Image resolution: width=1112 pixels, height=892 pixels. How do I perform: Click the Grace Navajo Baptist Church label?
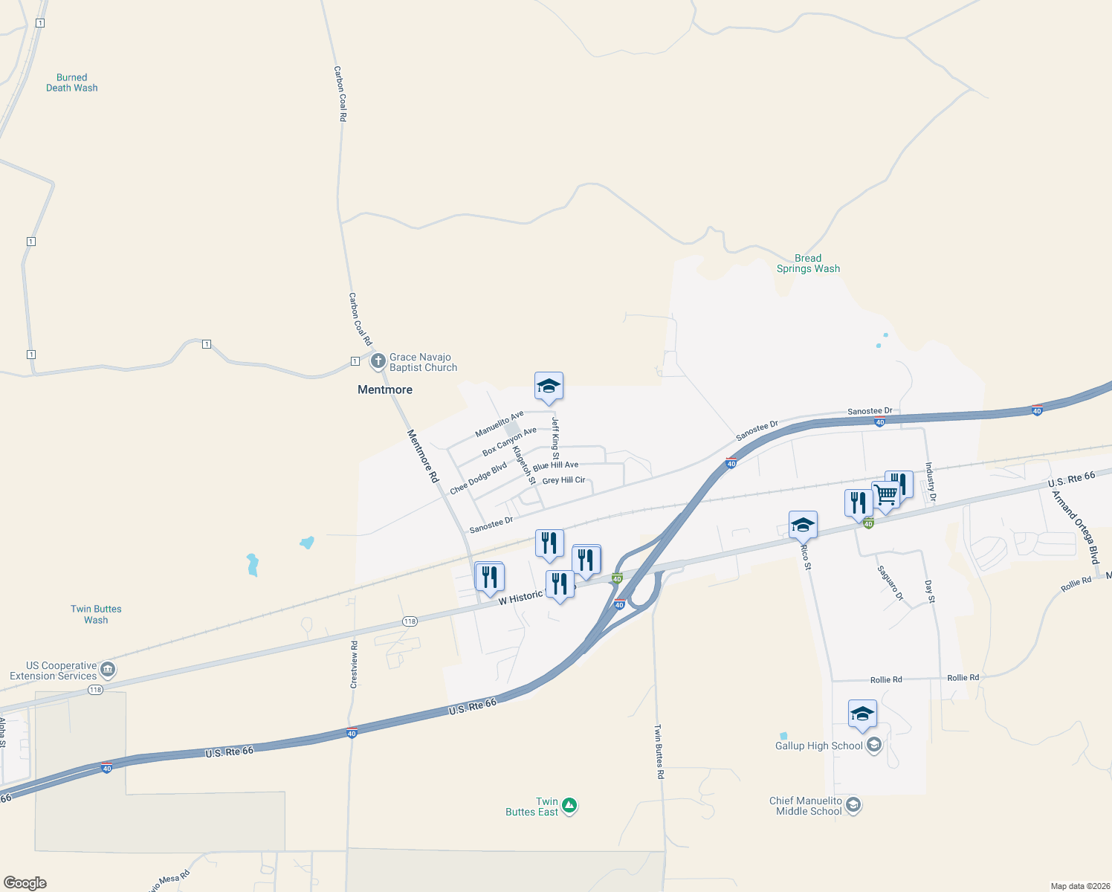pos(423,363)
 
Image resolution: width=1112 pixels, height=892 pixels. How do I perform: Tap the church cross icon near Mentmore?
pos(378,362)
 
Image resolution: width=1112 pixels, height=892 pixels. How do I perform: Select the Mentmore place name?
pos(384,390)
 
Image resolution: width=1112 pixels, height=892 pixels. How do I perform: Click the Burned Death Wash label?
pos(71,83)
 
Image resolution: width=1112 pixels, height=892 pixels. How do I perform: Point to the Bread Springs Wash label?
pos(808,264)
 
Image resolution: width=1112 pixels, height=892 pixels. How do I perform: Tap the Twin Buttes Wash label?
pos(96,615)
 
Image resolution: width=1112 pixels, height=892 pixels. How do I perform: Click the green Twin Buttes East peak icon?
pos(569,806)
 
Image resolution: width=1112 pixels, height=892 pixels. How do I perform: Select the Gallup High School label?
pos(818,746)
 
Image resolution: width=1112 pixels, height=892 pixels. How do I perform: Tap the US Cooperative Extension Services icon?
pos(108,670)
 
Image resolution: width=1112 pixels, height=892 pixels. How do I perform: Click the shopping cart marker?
pos(885,494)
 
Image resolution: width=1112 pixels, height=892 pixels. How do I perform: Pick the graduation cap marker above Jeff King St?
pos(549,387)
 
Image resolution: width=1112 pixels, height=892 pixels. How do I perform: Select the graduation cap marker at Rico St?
pos(803,526)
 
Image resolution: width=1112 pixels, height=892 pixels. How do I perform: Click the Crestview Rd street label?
pos(354,664)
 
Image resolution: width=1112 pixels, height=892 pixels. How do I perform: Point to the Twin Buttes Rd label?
pos(659,752)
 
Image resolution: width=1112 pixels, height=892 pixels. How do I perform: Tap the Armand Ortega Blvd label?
pos(1075,527)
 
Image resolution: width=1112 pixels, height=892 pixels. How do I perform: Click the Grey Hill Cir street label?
pos(563,480)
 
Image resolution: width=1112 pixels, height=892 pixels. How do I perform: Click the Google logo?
pos(25,883)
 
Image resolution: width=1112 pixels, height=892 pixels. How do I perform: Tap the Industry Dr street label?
pos(930,482)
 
